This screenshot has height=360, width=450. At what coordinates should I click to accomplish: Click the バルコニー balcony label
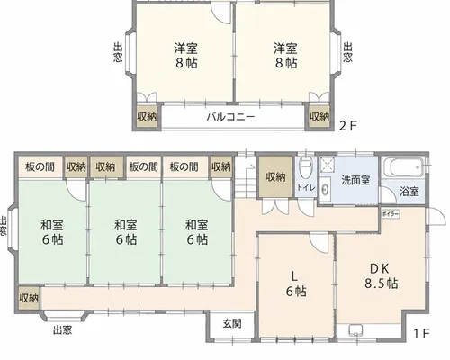coord(230,116)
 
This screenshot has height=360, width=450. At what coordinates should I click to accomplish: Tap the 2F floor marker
coord(348,126)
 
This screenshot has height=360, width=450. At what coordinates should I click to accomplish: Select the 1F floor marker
coord(422,333)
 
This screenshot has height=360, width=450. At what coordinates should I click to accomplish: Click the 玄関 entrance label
coord(232,323)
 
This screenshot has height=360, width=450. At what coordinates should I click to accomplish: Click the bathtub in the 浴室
coord(404,167)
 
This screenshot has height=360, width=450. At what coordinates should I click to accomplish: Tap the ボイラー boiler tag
coord(391,214)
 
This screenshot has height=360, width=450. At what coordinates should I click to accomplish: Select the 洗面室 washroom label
coord(355,180)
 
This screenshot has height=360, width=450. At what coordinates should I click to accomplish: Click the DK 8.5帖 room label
coord(381,275)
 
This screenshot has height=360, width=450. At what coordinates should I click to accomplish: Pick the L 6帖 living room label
coord(296,283)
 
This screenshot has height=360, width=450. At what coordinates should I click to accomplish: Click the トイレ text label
coord(306,188)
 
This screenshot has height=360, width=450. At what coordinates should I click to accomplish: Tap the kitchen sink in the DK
coord(356,330)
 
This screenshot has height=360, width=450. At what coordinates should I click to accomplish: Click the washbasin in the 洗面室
coord(325,189)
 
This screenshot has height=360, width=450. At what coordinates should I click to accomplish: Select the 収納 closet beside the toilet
coord(275,177)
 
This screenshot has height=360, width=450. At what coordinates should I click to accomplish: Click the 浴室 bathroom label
coord(409,192)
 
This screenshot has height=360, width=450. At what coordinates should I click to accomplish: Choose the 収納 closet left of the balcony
coord(147,116)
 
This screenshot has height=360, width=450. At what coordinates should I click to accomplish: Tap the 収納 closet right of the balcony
coord(319,116)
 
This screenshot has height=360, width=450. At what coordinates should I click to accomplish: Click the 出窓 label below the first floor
coord(62,330)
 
